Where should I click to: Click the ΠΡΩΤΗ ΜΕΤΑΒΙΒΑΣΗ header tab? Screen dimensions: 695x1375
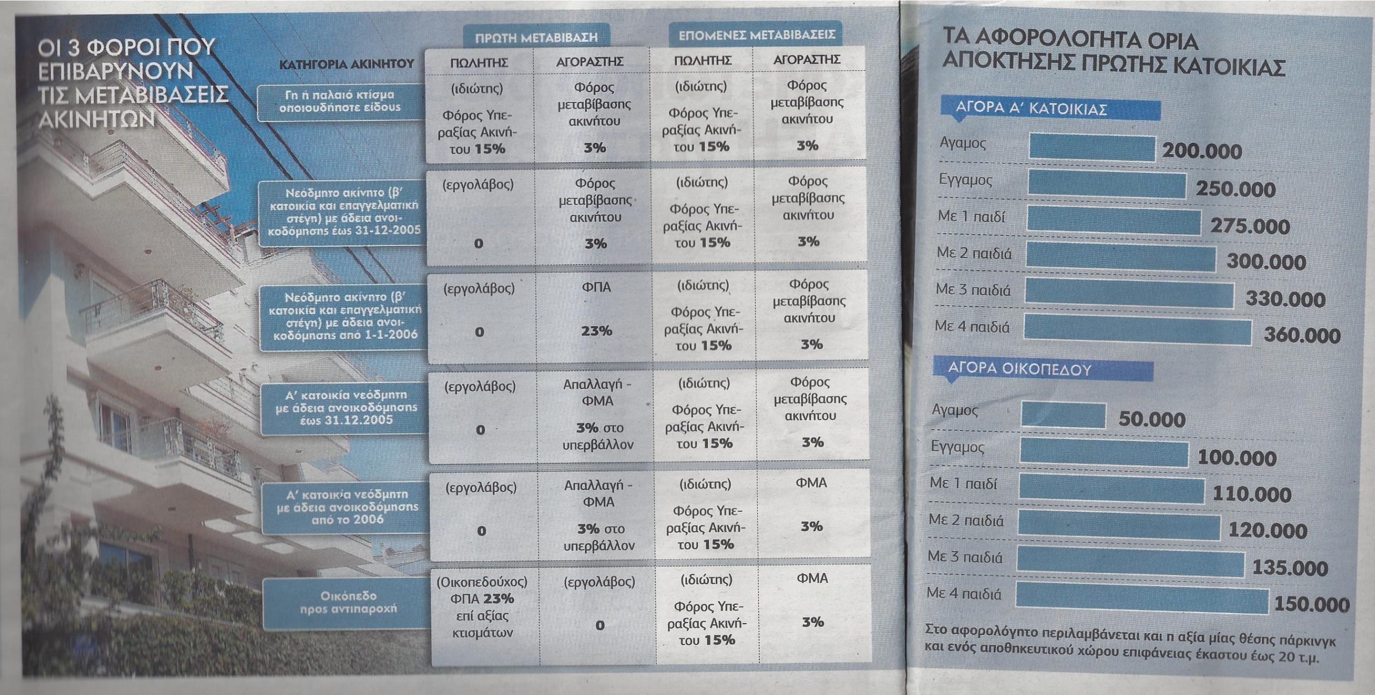tap(536, 38)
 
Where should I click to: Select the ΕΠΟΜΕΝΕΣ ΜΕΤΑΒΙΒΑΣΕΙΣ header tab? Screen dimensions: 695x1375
tap(756, 35)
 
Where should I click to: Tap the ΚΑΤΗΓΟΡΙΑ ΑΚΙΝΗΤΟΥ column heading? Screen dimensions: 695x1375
tap(347, 64)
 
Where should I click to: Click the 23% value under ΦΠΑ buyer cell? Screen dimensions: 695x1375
tap(596, 331)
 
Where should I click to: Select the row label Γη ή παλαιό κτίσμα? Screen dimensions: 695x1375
tap(339, 101)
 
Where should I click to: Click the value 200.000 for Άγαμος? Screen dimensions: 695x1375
tap(1202, 151)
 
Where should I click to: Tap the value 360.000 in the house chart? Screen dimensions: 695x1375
tap(1301, 336)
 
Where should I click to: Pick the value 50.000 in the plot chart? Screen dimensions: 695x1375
tap(1152, 419)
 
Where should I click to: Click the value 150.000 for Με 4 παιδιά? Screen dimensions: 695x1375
tap(1311, 605)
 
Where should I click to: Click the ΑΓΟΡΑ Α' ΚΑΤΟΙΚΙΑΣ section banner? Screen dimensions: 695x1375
tap(1031, 109)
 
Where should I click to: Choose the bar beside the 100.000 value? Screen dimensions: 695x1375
tap(1104, 452)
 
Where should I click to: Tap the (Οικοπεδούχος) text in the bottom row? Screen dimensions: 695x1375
tap(482, 582)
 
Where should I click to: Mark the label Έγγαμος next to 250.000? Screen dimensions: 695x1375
tap(965, 179)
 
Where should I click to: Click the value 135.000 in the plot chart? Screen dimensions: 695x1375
tap(1290, 568)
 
